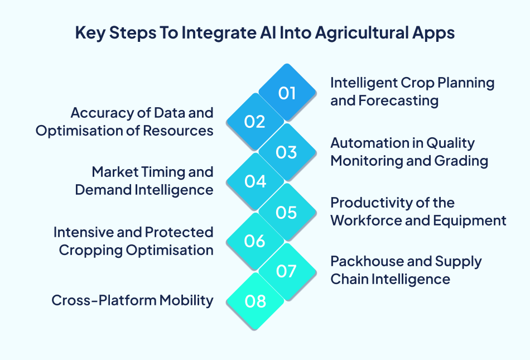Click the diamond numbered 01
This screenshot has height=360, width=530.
[x=287, y=93]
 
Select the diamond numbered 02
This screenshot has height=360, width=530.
[x=255, y=122]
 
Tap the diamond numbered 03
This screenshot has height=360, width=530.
[x=287, y=152]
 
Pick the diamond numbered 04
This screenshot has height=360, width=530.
[x=255, y=182]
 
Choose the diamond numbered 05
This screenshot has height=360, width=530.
[x=287, y=213]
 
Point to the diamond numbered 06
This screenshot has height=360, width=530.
[x=255, y=242]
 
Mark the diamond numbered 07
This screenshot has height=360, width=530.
[x=287, y=272]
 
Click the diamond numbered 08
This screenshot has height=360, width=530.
[x=255, y=302]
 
